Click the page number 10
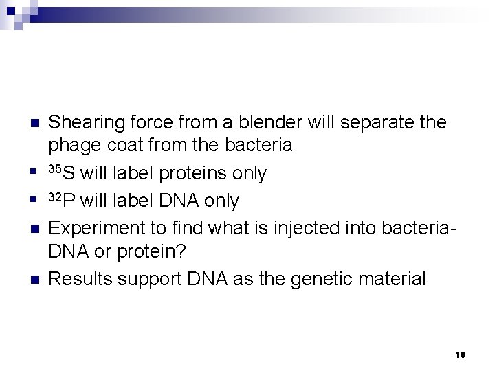point(460,355)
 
